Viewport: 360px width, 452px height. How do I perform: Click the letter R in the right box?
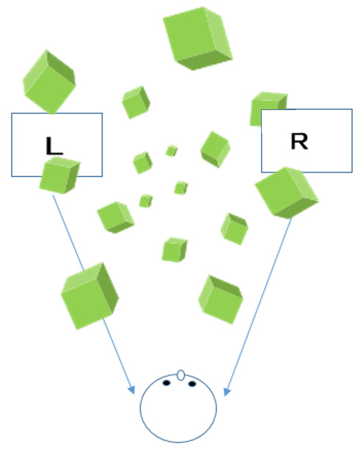tap(300, 141)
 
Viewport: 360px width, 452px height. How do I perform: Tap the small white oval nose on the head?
tap(180, 375)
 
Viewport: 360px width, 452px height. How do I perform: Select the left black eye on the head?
tap(166, 383)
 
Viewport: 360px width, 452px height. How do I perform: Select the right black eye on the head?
tap(192, 384)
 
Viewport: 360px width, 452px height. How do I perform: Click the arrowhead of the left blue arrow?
tap(131, 390)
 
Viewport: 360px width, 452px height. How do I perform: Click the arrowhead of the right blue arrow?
tap(227, 392)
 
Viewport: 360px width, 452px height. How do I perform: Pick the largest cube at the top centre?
tap(198, 38)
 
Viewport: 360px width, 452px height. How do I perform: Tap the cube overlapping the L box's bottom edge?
tap(59, 175)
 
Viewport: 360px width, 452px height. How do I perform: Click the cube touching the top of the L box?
tap(49, 82)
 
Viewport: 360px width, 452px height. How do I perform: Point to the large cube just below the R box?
tap(287, 192)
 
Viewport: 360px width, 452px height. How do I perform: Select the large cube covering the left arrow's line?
tap(90, 296)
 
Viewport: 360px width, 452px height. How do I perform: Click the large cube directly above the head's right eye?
tap(221, 299)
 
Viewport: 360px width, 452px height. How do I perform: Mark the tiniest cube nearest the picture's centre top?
tap(172, 151)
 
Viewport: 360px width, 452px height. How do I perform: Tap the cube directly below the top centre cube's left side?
tap(136, 102)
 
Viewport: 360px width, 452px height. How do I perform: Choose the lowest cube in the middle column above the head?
tap(175, 249)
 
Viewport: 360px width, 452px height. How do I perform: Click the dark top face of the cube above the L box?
tap(61, 68)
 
